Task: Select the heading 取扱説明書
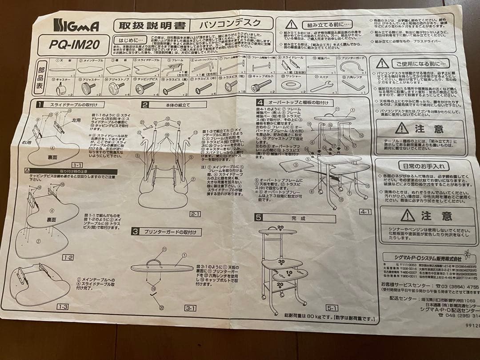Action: (151, 25)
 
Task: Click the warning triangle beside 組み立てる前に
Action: (291, 24)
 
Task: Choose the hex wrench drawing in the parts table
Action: (353, 84)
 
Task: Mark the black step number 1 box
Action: (40, 105)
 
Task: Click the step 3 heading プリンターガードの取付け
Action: (172, 232)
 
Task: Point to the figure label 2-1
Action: (195, 214)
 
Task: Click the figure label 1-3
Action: (62, 307)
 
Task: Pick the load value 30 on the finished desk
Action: (281, 262)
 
